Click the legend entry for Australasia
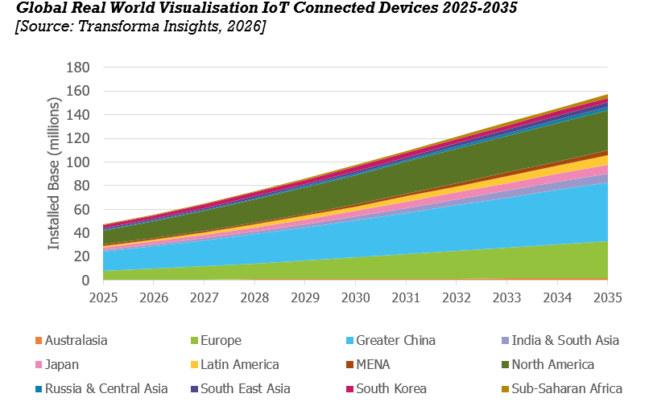pos(76,340)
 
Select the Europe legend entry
pos(222,340)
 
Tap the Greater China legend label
pos(395,340)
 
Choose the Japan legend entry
pos(64,364)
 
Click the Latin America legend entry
pos(240,364)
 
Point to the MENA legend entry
pos(373,364)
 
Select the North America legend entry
pos(552,364)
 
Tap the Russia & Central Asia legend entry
pos(106,388)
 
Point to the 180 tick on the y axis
pos(77,68)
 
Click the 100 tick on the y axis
pos(77,162)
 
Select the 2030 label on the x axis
pos(356,296)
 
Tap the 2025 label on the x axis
pos(103,296)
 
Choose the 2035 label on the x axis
pos(608,296)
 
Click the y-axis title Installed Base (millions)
pos(54,174)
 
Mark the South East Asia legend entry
pos(245,388)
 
